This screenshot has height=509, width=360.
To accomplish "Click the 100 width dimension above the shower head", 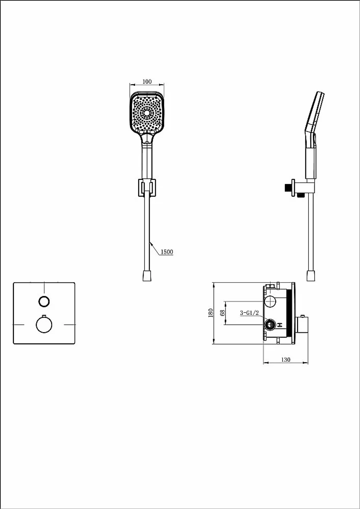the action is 147,82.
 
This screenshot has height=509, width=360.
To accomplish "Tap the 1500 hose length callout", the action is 167,252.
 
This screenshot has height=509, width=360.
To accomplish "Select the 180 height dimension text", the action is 211,313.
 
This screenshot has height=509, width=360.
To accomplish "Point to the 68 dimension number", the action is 222,313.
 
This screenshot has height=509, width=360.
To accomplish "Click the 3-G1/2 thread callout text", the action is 249,313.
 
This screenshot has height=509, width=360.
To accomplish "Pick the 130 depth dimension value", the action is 286,360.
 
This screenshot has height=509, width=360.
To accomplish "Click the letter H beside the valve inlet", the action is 280,325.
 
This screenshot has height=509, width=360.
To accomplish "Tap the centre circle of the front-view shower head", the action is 147,113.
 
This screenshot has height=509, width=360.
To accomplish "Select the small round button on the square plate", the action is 44,302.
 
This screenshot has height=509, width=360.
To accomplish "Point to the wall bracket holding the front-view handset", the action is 147,188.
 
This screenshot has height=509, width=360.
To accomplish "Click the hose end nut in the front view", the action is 147,276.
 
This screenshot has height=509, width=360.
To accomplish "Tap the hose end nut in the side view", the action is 311,276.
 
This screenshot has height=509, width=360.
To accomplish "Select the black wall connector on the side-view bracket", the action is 288,188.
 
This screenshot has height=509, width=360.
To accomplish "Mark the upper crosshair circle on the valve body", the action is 270,302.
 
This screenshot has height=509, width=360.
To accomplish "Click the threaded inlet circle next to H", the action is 270,324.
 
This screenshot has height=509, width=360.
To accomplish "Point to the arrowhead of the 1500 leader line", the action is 150,243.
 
